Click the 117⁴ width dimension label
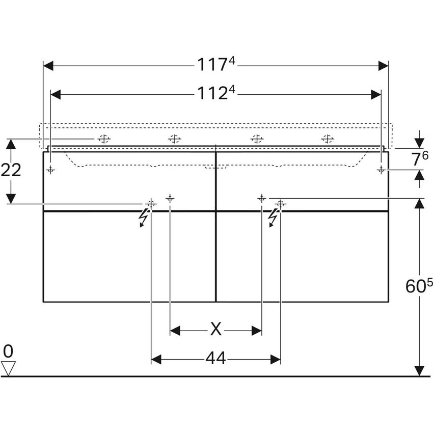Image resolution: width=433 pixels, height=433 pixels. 216,65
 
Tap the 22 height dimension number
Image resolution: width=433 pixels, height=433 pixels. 11,170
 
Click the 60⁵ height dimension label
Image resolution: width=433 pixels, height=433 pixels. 419,287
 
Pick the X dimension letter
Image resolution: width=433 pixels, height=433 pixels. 216,331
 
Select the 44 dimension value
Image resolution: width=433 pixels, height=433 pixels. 215,359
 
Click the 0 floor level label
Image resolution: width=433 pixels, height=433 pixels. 8,350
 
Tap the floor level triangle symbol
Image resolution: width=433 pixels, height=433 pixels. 9,368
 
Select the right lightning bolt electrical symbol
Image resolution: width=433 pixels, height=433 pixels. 274,218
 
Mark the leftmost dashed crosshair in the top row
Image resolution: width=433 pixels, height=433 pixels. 104,139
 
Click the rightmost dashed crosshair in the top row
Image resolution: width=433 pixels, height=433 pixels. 328,139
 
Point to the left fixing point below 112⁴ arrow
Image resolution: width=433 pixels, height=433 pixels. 51,170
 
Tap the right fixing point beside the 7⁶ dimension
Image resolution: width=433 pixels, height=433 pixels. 381,170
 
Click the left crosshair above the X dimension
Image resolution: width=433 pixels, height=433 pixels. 170,198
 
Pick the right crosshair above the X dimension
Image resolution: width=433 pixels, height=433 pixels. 262,198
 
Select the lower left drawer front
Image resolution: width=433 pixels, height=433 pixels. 129,256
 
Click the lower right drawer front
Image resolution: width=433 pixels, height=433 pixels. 303,256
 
